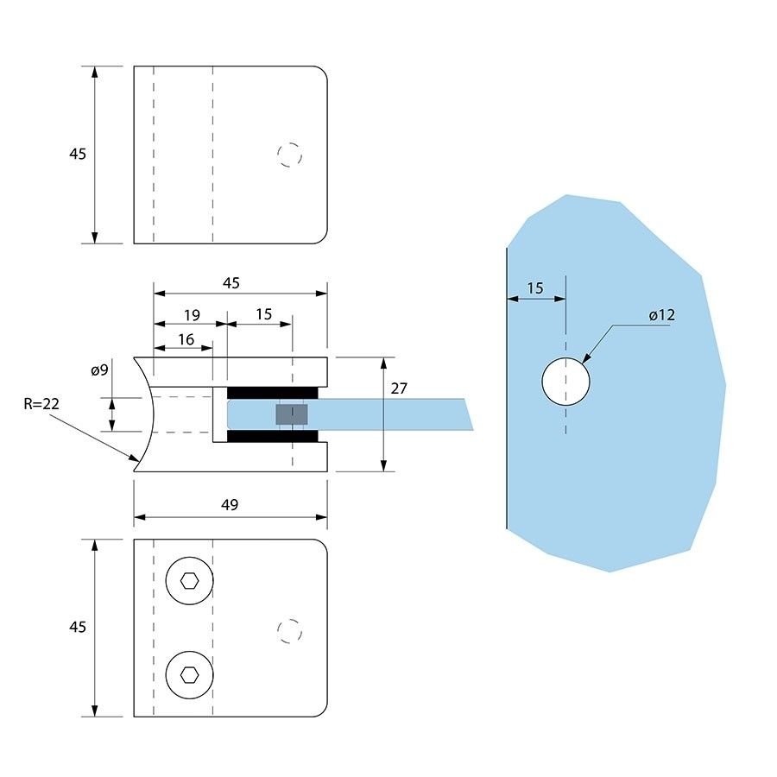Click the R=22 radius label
pyautogui.click(x=41, y=403)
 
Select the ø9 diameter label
pyautogui.click(x=99, y=370)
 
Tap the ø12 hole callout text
pyautogui.click(x=661, y=315)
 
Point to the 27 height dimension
pyautogui.click(x=398, y=388)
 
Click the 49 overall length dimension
pyautogui.click(x=230, y=504)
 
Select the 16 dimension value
pyautogui.click(x=186, y=339)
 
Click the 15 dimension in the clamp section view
pyautogui.click(x=263, y=314)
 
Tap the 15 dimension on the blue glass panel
pyautogui.click(x=535, y=287)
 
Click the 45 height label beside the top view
pyautogui.click(x=78, y=155)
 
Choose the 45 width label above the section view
pyautogui.click(x=231, y=282)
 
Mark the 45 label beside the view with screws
pyautogui.click(x=78, y=628)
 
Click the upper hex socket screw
pyautogui.click(x=190, y=580)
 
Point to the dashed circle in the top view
pyautogui.click(x=290, y=155)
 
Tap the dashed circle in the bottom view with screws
pyautogui.click(x=290, y=630)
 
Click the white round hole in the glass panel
pyautogui.click(x=565, y=381)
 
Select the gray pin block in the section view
pyautogui.click(x=292, y=414)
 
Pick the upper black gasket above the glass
pyautogui.click(x=273, y=393)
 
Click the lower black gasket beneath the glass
pyautogui.click(x=273, y=436)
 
